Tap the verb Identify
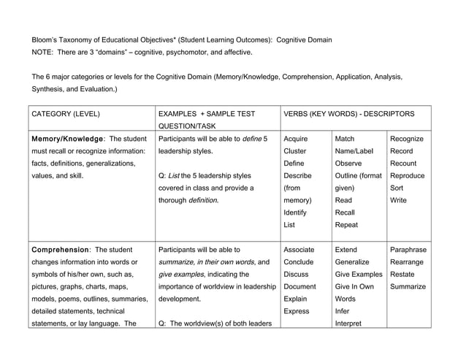295,212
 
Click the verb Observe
348,164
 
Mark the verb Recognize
408,139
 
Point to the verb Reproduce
408,176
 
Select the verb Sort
398,188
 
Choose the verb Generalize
352,261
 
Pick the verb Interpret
348,323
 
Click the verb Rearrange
408,261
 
